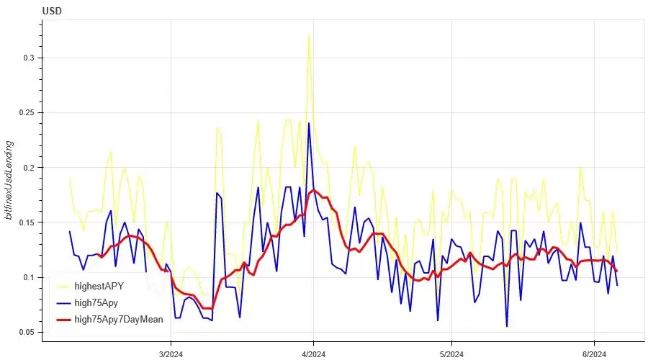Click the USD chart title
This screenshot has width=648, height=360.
click(51, 12)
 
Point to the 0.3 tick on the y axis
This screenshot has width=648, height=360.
click(29, 58)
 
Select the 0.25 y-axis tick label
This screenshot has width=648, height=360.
click(26, 113)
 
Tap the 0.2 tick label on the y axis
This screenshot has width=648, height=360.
click(29, 168)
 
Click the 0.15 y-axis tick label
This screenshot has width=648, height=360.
click(26, 222)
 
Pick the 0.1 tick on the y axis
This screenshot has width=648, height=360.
click(29, 277)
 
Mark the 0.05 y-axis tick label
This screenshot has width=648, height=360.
click(26, 333)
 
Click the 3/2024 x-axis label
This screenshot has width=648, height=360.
click(171, 354)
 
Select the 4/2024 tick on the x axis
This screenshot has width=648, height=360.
click(313, 354)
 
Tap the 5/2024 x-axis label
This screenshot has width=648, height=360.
click(451, 354)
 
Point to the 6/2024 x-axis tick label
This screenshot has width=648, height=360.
click(593, 354)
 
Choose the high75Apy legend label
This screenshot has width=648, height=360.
click(97, 303)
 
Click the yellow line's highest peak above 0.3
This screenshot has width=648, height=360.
click(309, 35)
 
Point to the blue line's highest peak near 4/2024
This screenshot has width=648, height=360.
click(309, 123)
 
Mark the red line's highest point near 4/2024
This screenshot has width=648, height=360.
click(313, 190)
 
